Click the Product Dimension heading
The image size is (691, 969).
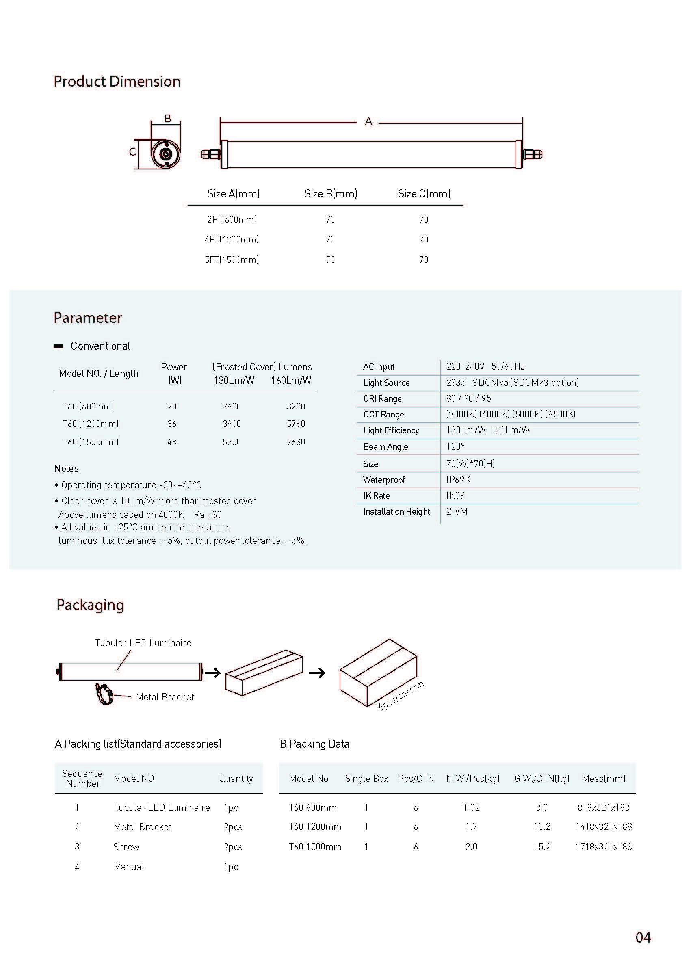pyautogui.click(x=117, y=81)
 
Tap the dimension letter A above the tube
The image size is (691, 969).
pyautogui.click(x=368, y=122)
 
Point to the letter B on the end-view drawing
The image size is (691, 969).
pyautogui.click(x=168, y=119)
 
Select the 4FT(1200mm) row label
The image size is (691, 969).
pyautogui.click(x=232, y=240)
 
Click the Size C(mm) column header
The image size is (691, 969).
pyautogui.click(x=424, y=194)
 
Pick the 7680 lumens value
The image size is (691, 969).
pyautogui.click(x=296, y=442)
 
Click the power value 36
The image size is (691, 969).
pyautogui.click(x=172, y=424)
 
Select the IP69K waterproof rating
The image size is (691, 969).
pyautogui.click(x=458, y=480)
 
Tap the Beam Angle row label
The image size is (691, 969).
pyautogui.click(x=386, y=447)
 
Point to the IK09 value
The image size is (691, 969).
pyautogui.click(x=455, y=495)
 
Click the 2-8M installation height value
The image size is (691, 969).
pyautogui.click(x=457, y=511)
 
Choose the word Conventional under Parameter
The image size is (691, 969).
pyautogui.click(x=100, y=346)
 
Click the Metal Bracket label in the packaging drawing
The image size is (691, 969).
pyautogui.click(x=165, y=697)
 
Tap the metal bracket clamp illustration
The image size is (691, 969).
pyautogui.click(x=104, y=694)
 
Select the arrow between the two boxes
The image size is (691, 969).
pyautogui.click(x=316, y=673)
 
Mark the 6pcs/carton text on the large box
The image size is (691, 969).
pyautogui.click(x=401, y=696)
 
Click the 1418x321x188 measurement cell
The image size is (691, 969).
pyautogui.click(x=603, y=826)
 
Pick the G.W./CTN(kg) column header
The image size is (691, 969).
pyautogui.click(x=542, y=779)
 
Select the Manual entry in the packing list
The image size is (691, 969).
pyautogui.click(x=129, y=867)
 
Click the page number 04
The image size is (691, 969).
pyautogui.click(x=643, y=937)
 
